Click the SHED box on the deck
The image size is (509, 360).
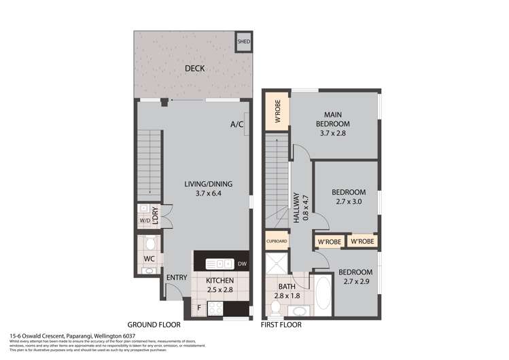pyautogui.click(x=243, y=42)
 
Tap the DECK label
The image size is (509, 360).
pyautogui.click(x=195, y=69)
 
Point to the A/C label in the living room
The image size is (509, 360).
pyautogui.click(x=236, y=124)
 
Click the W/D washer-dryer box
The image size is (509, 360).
pyautogui.click(x=144, y=220)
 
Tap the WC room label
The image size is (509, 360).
pyautogui.click(x=148, y=259)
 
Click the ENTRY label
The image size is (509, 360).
pyautogui.click(x=177, y=276)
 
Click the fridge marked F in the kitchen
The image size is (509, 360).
pyautogui.click(x=198, y=308)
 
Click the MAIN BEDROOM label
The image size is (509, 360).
pyautogui.click(x=332, y=119)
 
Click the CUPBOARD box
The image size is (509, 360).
pyautogui.click(x=277, y=241)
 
